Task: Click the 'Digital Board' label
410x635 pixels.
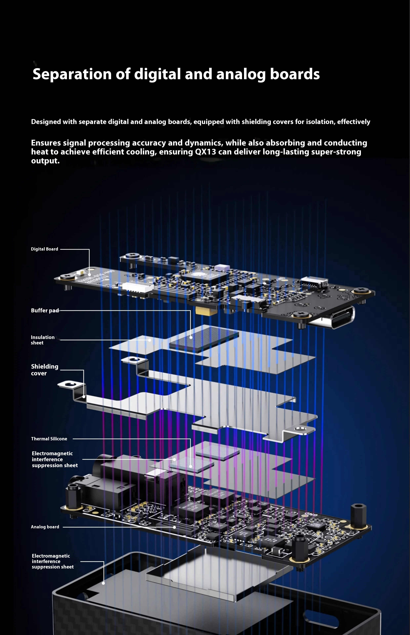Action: click(44, 249)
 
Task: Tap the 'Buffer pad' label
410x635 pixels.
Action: click(45, 310)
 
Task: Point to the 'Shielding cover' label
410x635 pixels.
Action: click(44, 370)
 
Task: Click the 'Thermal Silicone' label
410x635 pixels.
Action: click(49, 439)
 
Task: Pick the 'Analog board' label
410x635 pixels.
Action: click(45, 527)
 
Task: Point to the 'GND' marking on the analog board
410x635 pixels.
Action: click(309, 515)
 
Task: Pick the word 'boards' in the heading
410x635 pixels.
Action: click(295, 74)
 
